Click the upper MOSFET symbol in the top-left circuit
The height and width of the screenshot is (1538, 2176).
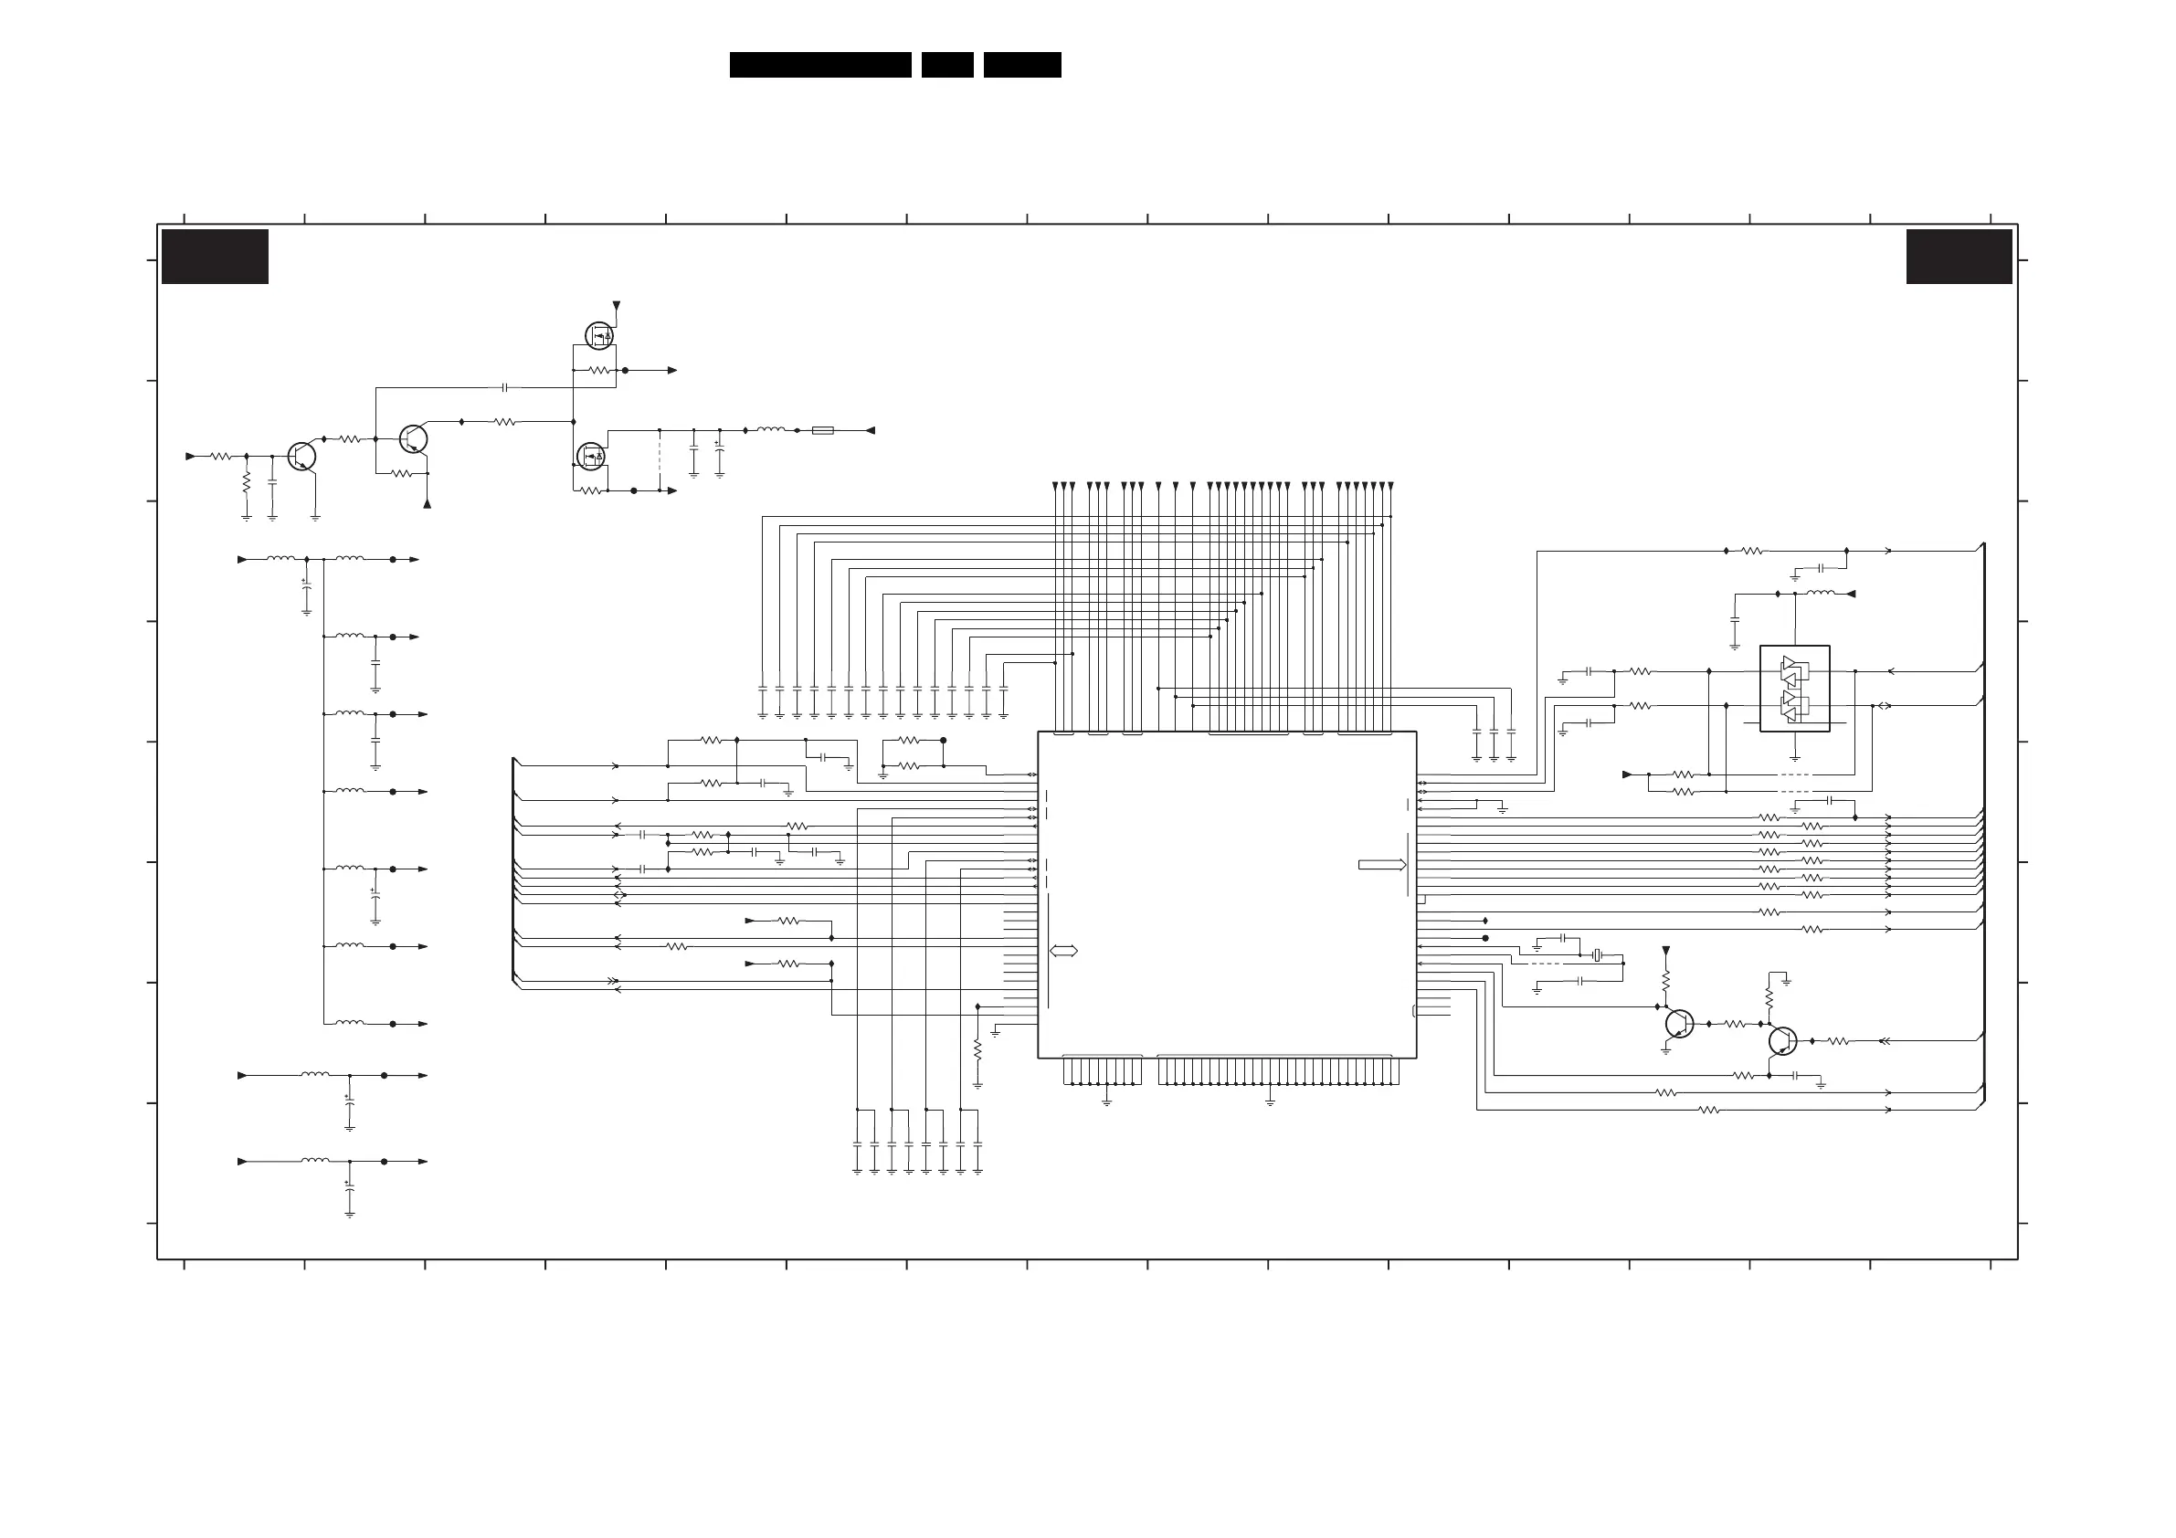click(x=599, y=335)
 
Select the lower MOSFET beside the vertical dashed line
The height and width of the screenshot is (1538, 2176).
click(x=591, y=457)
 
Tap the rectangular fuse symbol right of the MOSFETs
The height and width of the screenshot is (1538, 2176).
click(x=823, y=430)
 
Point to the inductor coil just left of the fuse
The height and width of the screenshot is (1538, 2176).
click(x=770, y=430)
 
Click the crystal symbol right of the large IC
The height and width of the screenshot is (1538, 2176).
click(x=1597, y=954)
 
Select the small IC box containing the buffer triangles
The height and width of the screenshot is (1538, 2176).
click(x=1794, y=689)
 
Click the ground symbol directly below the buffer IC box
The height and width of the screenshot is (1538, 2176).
click(x=1794, y=758)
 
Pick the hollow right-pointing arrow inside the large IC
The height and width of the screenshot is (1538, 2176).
click(x=1382, y=864)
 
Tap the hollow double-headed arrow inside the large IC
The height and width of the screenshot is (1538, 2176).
click(x=1063, y=951)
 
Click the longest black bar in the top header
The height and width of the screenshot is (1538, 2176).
click(x=819, y=65)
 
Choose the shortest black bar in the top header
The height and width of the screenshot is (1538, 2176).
click(x=946, y=65)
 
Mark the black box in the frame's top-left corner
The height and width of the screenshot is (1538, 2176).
click(x=216, y=256)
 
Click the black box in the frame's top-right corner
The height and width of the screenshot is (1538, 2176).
click(x=1959, y=256)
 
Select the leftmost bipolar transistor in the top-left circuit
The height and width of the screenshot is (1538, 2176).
click(x=301, y=456)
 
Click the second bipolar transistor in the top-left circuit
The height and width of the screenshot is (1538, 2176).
click(x=413, y=438)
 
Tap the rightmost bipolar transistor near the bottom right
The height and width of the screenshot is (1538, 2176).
click(x=1782, y=1040)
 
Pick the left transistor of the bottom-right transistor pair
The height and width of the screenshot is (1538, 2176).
click(x=1678, y=1024)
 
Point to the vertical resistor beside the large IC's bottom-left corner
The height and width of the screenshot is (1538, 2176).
click(x=977, y=1050)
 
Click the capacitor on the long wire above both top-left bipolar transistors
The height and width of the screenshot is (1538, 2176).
click(x=504, y=387)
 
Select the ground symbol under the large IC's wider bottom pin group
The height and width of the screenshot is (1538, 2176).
click(x=1270, y=1101)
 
